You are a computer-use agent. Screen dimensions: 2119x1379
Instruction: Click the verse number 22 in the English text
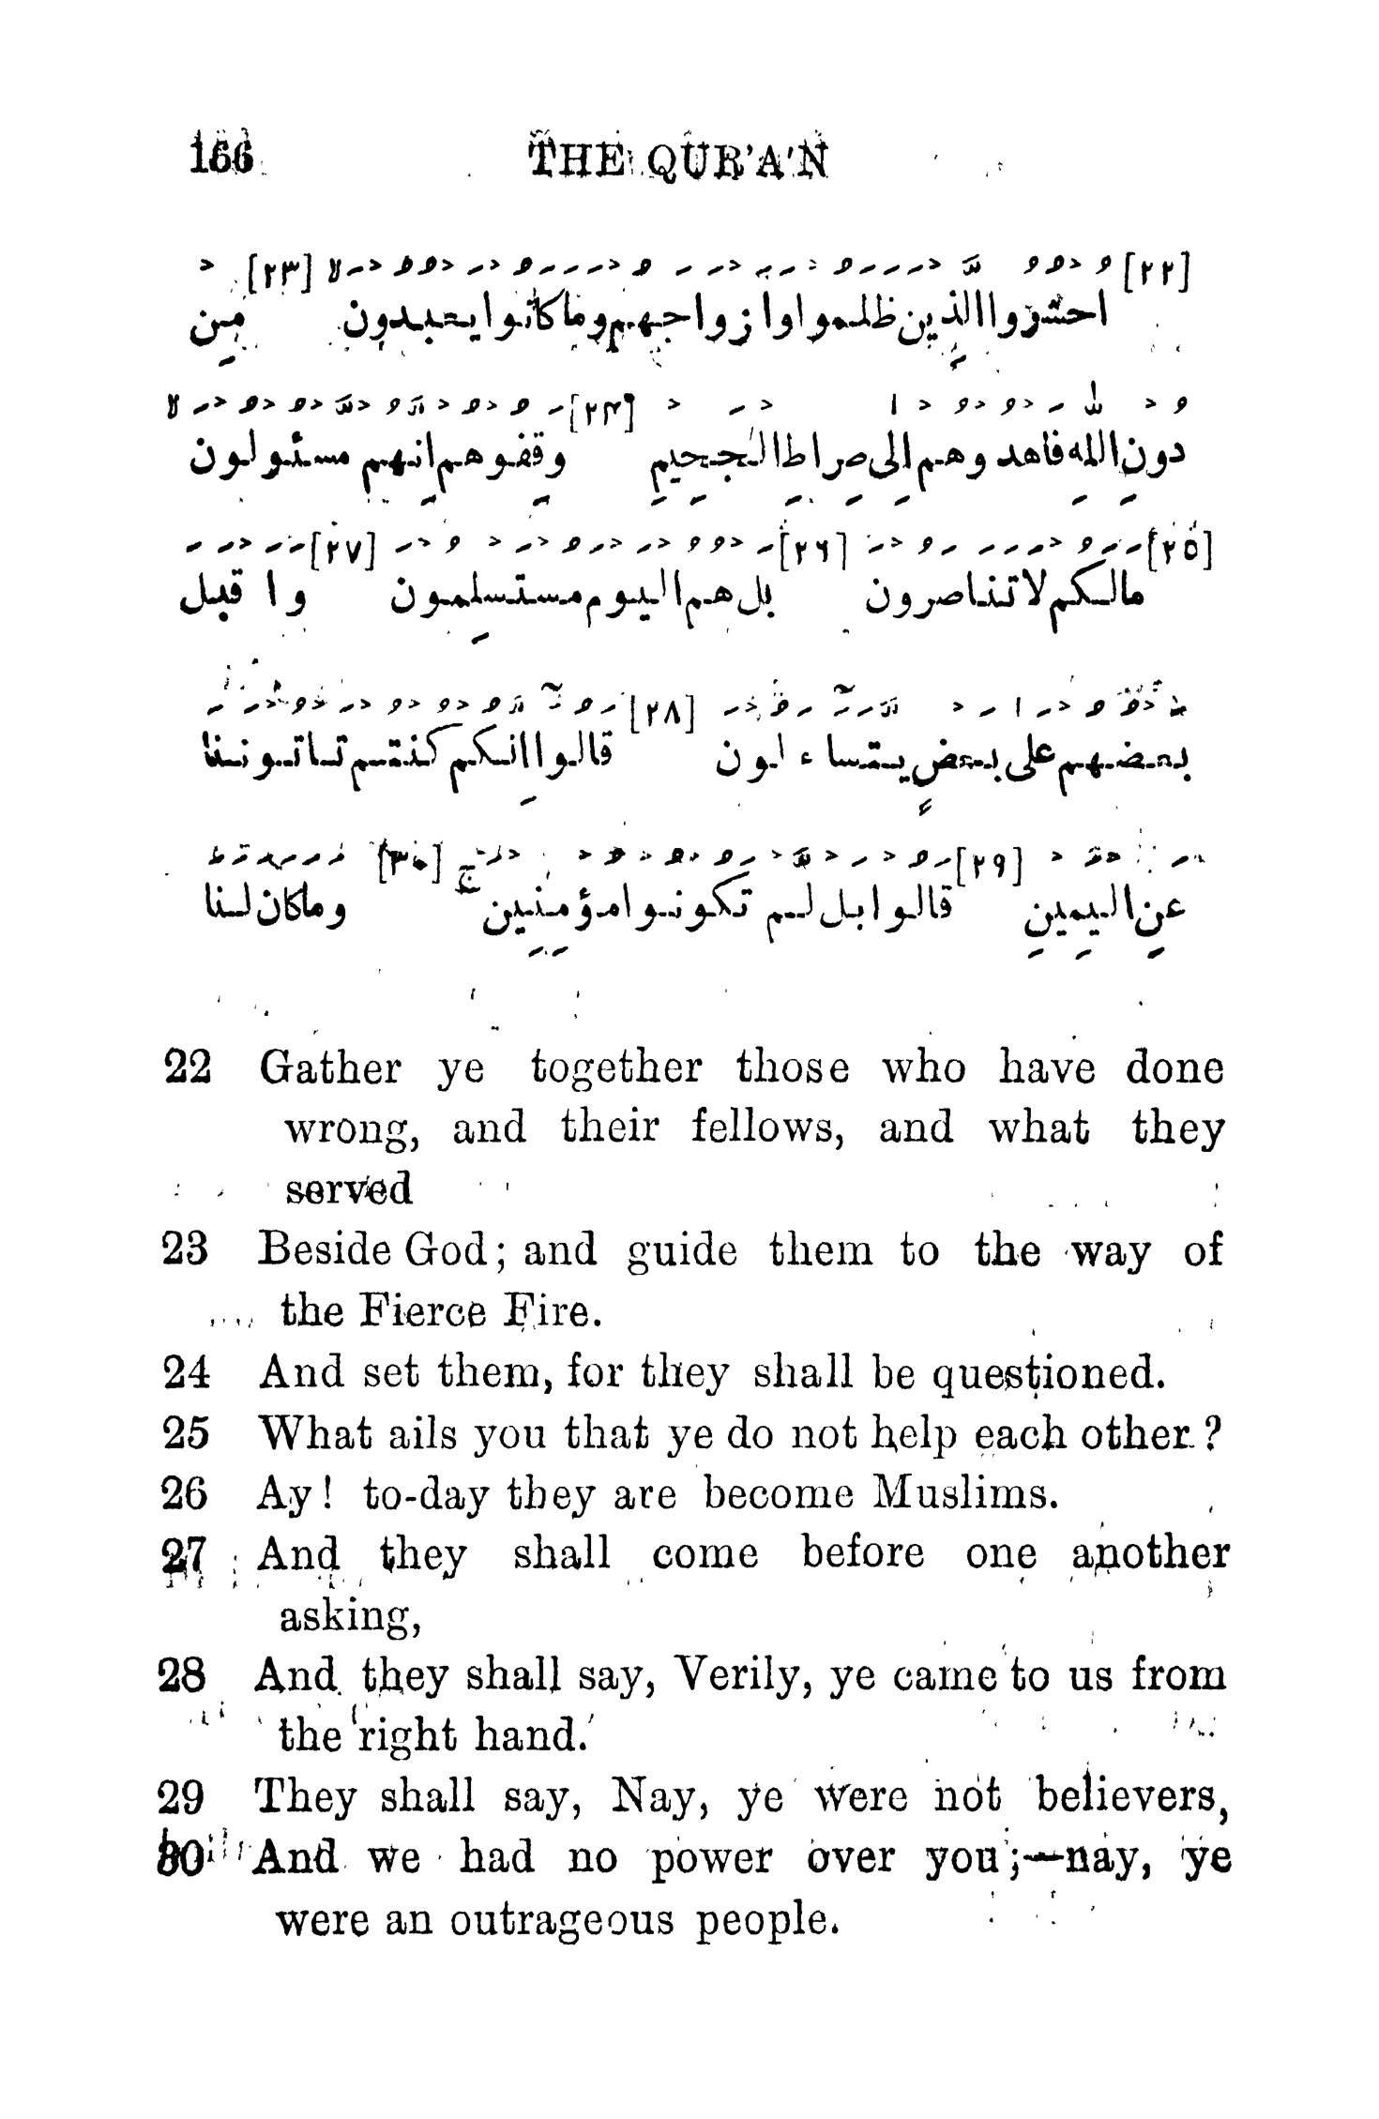[187, 1068]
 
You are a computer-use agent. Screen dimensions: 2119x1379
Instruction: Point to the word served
[348, 1189]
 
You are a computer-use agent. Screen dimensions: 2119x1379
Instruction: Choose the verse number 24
[186, 1372]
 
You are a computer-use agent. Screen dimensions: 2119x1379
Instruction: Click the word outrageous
[562, 1919]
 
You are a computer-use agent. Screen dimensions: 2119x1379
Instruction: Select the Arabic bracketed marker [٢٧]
[341, 545]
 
